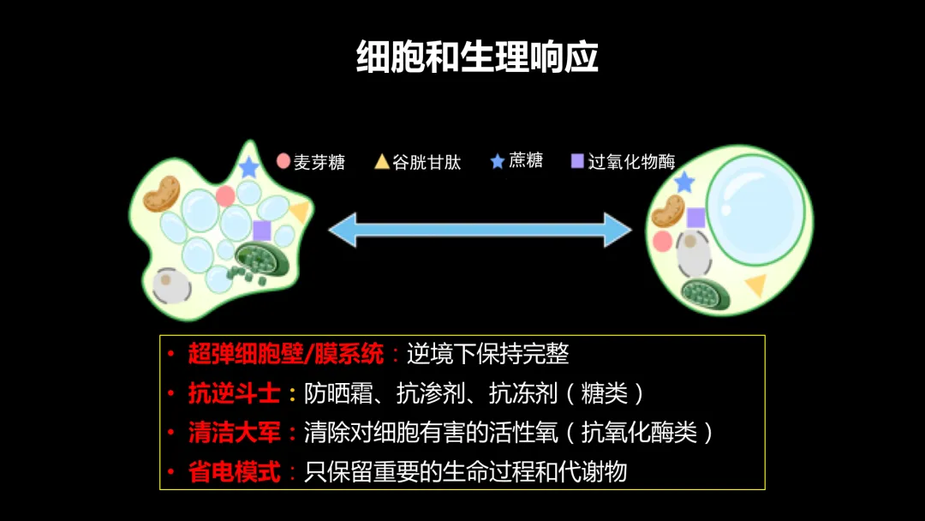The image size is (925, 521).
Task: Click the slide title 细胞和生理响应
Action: pyautogui.click(x=477, y=57)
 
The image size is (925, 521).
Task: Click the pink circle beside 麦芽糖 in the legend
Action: pyautogui.click(x=283, y=160)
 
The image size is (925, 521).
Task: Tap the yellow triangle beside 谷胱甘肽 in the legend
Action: pyautogui.click(x=382, y=161)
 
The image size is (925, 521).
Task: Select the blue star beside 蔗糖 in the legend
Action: pyautogui.click(x=498, y=161)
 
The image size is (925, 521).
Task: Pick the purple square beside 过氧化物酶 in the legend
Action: pyautogui.click(x=577, y=160)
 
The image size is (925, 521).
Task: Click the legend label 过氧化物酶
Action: pyautogui.click(x=632, y=162)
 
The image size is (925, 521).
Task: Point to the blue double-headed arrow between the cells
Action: pyautogui.click(x=480, y=231)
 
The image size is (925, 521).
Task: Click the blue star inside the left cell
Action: pyautogui.click(x=249, y=167)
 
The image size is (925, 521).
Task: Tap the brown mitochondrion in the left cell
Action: pyautogui.click(x=161, y=194)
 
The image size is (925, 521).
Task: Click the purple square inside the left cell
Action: pyautogui.click(x=262, y=231)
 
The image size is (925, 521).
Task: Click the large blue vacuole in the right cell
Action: pyautogui.click(x=755, y=209)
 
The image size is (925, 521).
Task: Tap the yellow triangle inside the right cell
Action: pyautogui.click(x=756, y=284)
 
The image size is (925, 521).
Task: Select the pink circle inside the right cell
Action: pyautogui.click(x=662, y=241)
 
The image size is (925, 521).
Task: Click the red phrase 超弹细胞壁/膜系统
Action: pyautogui.click(x=285, y=354)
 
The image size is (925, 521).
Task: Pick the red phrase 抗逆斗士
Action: pyautogui.click(x=234, y=393)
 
